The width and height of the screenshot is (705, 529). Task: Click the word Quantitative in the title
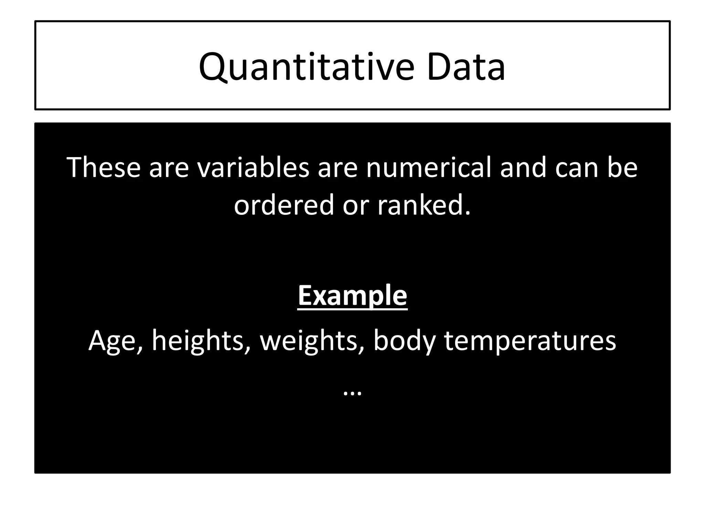point(306,67)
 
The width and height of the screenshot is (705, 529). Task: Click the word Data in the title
point(466,67)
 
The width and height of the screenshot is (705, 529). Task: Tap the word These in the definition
point(104,168)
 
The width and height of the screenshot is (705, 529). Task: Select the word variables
point(253,168)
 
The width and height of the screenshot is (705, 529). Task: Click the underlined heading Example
point(352,295)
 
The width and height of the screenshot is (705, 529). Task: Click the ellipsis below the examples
point(352,393)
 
